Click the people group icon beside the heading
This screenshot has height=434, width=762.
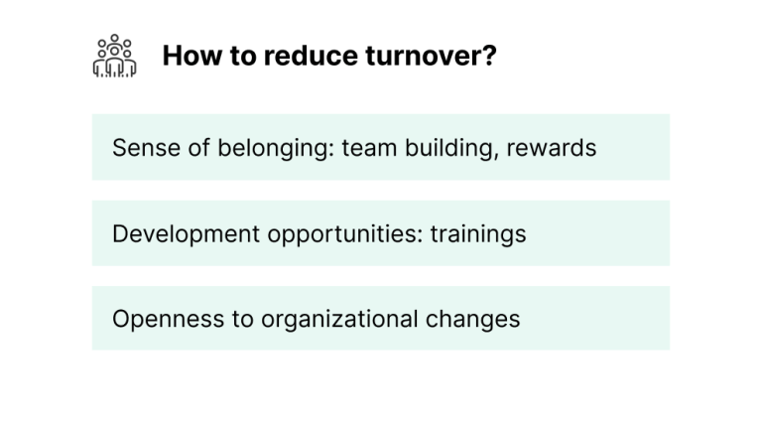[x=114, y=57]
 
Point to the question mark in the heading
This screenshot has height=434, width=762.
[x=489, y=57]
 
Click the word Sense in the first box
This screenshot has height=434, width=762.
[x=139, y=148]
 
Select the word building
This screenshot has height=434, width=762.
[x=447, y=149]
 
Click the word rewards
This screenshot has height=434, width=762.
[x=552, y=148]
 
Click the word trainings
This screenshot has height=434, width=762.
[x=478, y=235]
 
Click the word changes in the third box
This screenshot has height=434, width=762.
[x=472, y=321]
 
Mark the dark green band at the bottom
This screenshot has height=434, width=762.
[x=381, y=407]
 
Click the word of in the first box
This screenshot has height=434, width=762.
[x=187, y=148]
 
